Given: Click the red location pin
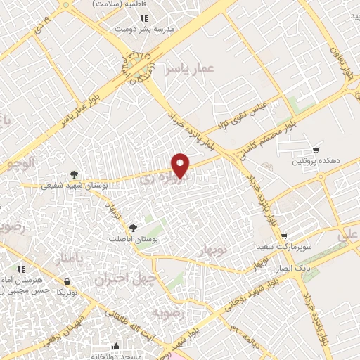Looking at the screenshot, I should [181, 165].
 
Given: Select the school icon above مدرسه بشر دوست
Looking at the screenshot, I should [143, 18].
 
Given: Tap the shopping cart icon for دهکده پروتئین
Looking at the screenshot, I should [316, 150].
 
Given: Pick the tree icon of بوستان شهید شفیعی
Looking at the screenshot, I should [74, 174].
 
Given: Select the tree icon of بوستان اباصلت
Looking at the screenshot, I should [132, 227].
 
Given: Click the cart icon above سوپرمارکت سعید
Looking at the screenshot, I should [283, 237].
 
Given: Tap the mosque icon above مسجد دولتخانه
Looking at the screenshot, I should [115, 346].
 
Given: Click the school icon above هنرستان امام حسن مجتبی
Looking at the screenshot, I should [21, 269].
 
